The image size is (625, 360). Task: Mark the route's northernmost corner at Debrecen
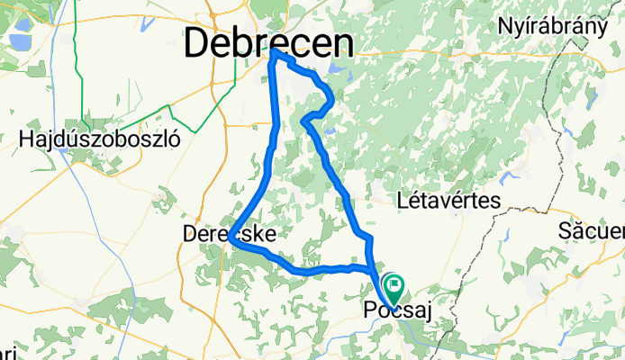(273, 53)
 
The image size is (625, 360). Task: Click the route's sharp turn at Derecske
(232, 240)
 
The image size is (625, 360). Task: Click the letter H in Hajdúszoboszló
(25, 140)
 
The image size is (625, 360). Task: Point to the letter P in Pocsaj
(369, 311)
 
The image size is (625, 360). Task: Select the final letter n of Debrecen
(342, 42)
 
